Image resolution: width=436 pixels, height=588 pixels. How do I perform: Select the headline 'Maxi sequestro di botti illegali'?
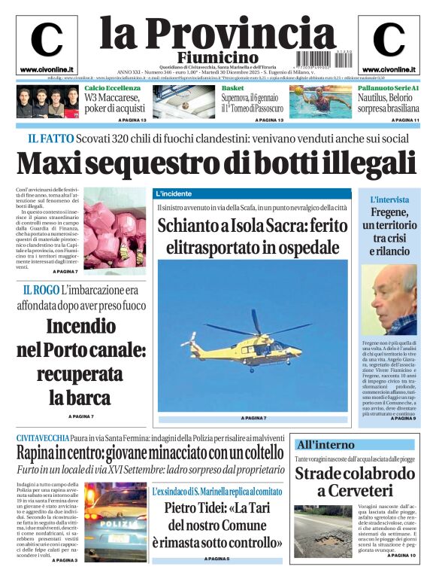(216, 163)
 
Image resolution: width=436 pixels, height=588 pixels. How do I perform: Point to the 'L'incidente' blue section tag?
(174, 193)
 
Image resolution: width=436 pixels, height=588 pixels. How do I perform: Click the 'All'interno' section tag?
(325, 444)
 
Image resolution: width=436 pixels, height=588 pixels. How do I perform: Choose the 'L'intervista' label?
(389, 200)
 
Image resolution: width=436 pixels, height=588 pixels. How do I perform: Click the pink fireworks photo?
(114, 227)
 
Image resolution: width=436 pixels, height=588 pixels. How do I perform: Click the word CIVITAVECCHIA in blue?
(43, 437)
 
